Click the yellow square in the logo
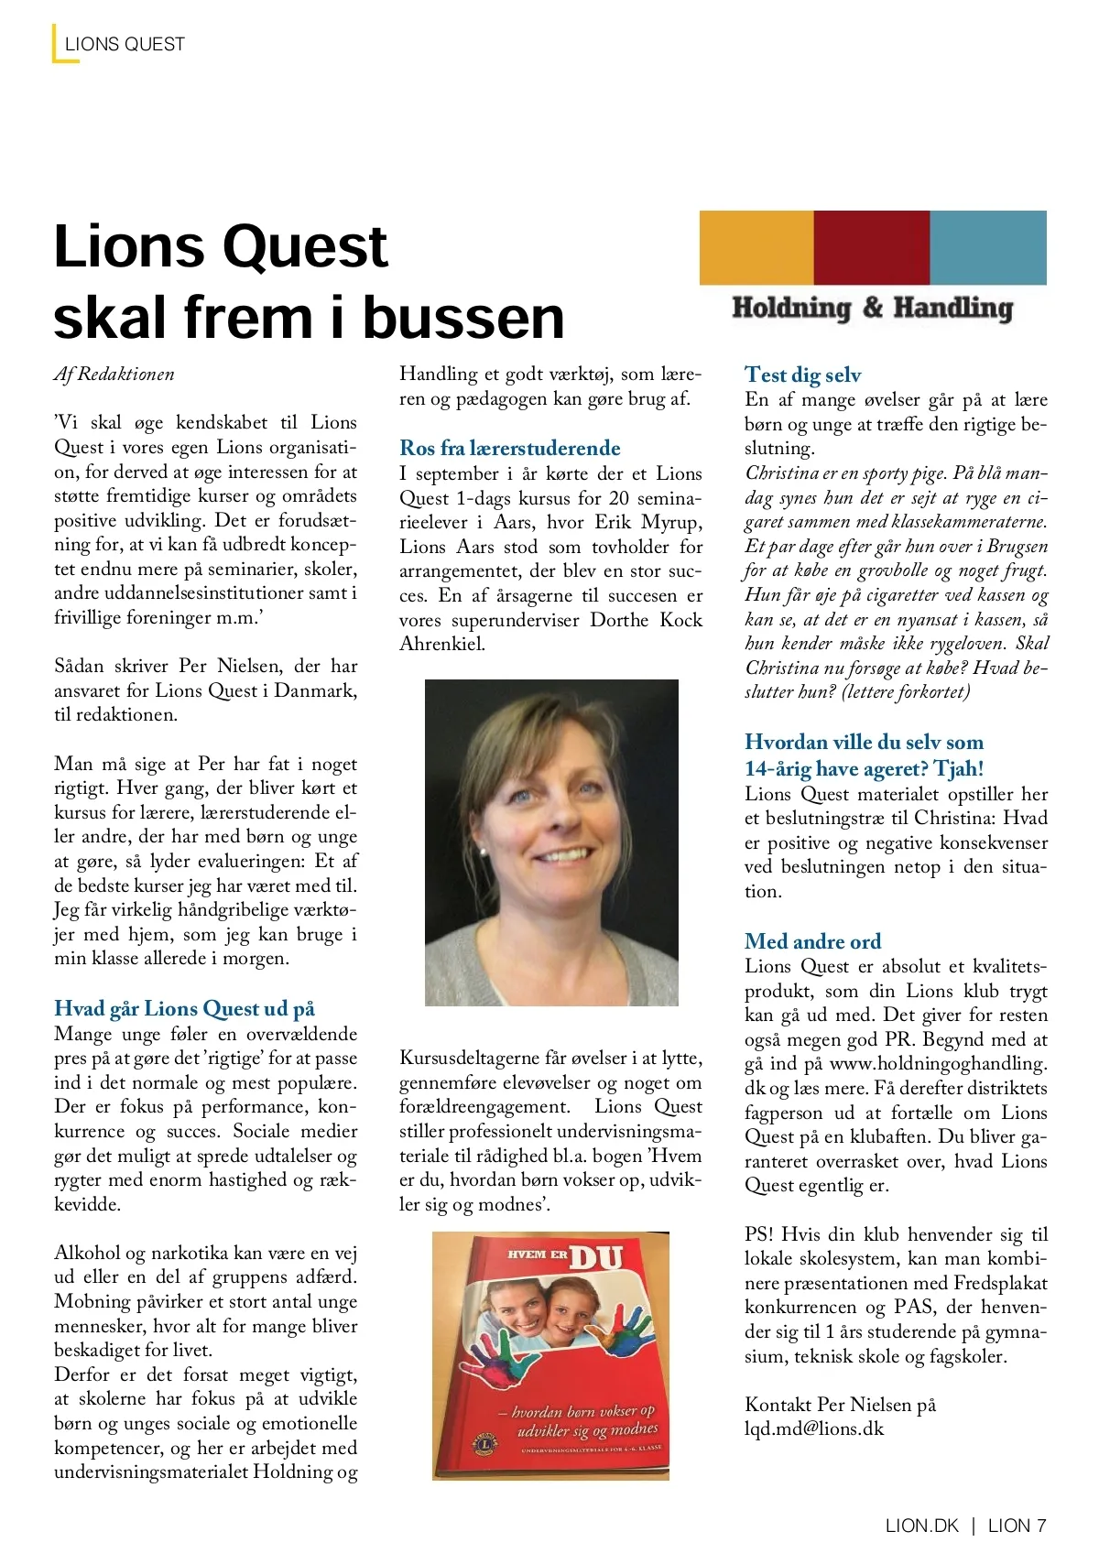[756, 247]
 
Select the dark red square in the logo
[871, 247]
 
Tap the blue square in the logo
[988, 247]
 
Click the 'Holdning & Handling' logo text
[872, 308]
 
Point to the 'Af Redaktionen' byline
[114, 374]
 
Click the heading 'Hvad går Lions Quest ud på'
[184, 1008]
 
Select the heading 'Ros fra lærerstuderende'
[509, 448]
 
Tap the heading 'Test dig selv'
[802, 375]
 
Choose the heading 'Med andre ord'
[812, 941]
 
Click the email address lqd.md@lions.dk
[814, 1428]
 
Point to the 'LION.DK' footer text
[921, 1526]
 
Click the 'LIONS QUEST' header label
[125, 44]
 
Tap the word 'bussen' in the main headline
[463, 317]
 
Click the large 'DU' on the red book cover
[596, 1257]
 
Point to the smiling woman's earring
[483, 851]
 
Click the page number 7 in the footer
[1040, 1526]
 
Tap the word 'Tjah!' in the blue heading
[959, 768]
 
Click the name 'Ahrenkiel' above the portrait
[441, 644]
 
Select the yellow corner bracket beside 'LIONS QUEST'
[57, 46]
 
